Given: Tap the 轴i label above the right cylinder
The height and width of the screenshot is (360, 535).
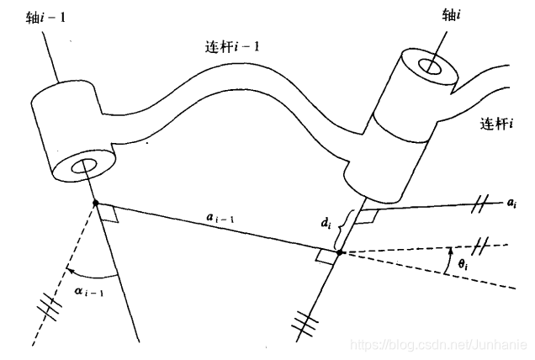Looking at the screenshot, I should pos(453,13).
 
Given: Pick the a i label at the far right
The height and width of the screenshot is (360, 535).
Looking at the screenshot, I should pos(514,204).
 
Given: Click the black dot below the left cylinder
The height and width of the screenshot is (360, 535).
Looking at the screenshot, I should pos(95,203).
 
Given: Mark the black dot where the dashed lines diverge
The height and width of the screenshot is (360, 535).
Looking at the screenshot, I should pos(337,252).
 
